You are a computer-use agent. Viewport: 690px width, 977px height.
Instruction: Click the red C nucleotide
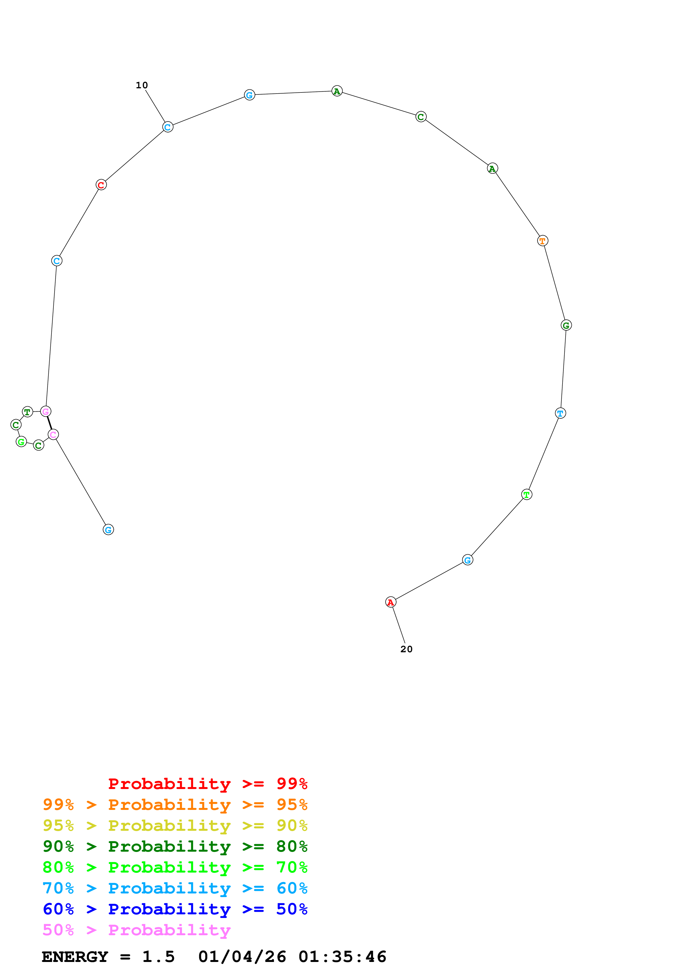pos(101,185)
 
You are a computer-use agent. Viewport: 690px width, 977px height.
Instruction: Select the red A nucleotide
pos(390,602)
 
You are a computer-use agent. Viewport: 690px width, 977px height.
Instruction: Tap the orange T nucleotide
pos(542,241)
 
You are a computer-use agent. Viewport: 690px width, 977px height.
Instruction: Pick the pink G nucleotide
pos(45,411)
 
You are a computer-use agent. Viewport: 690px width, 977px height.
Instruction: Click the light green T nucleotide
pos(526,494)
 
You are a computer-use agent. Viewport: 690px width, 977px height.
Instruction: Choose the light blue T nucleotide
pos(560,413)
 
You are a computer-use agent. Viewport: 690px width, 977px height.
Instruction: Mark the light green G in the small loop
pos(21,442)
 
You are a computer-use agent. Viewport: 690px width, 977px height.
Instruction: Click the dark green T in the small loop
pos(27,412)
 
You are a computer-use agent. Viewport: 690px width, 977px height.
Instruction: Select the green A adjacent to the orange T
pos(492,168)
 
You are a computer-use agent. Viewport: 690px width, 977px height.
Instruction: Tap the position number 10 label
pos(142,85)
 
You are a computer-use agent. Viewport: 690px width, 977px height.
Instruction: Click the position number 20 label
pos(406,649)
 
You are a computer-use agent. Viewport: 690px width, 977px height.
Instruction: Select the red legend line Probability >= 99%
pos(207,783)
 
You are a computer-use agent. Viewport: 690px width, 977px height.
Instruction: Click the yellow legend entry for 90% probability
pos(175,825)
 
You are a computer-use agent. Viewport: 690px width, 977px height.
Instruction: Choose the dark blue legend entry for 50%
pos(175,909)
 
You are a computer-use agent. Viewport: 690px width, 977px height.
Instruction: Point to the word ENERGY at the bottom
pos(75,957)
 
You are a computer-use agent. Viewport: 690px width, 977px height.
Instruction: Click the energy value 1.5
pos(158,957)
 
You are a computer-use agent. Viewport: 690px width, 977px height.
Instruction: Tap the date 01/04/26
pos(242,957)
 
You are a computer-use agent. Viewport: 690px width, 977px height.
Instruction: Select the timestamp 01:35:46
pos(342,957)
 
